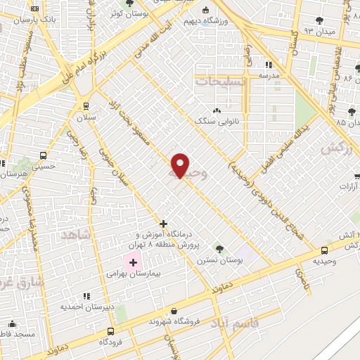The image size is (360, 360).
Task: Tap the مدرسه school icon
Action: pyautogui.click(x=268, y=64)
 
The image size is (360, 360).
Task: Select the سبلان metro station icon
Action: pyautogui.click(x=86, y=106)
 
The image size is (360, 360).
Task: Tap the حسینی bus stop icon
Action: pyautogui.click(x=44, y=156)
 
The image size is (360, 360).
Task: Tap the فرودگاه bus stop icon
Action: pyautogui.click(x=110, y=331)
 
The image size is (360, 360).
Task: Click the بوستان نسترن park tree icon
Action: pyautogui.click(x=219, y=248)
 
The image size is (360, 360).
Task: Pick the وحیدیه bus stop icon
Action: pyautogui.click(x=324, y=250)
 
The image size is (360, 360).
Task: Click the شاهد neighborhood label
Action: pyautogui.click(x=77, y=236)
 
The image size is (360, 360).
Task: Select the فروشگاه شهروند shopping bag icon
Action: pyautogui.click(x=174, y=311)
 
